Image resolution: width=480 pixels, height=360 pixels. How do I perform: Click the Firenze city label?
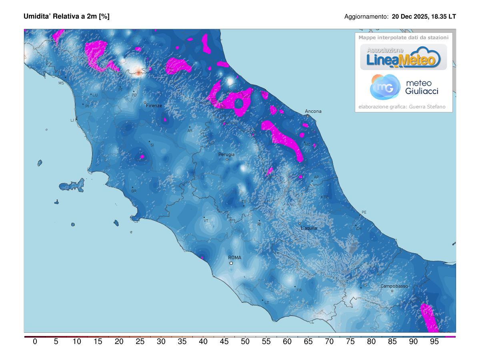[154, 106]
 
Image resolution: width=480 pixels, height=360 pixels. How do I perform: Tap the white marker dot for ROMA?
[231, 263]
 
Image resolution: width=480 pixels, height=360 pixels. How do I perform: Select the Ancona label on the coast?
[313, 111]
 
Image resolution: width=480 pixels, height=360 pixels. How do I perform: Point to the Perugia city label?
[226, 154]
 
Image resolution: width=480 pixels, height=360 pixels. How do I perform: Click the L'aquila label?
[308, 228]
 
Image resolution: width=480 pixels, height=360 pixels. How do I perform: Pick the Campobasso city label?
[394, 286]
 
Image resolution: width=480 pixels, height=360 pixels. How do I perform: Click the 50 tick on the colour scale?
[245, 342]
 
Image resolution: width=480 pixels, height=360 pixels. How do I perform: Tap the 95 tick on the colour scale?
[434, 342]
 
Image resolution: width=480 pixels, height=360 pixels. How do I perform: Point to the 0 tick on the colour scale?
[35, 342]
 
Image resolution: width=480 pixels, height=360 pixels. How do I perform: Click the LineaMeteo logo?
[403, 57]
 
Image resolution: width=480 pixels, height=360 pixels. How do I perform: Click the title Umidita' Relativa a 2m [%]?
[66, 16]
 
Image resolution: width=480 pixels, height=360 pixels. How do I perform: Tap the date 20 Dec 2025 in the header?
[409, 17]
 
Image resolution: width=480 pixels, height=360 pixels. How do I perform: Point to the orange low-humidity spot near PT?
[138, 72]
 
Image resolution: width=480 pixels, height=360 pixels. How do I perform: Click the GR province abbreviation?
[134, 191]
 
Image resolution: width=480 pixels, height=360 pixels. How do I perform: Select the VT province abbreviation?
[206, 220]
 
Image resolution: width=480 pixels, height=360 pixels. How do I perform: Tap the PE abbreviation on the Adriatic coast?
[364, 212]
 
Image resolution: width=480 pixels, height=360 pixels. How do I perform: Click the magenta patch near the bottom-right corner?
[430, 318]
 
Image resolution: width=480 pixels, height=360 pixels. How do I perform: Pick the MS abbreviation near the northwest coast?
[61, 83]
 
